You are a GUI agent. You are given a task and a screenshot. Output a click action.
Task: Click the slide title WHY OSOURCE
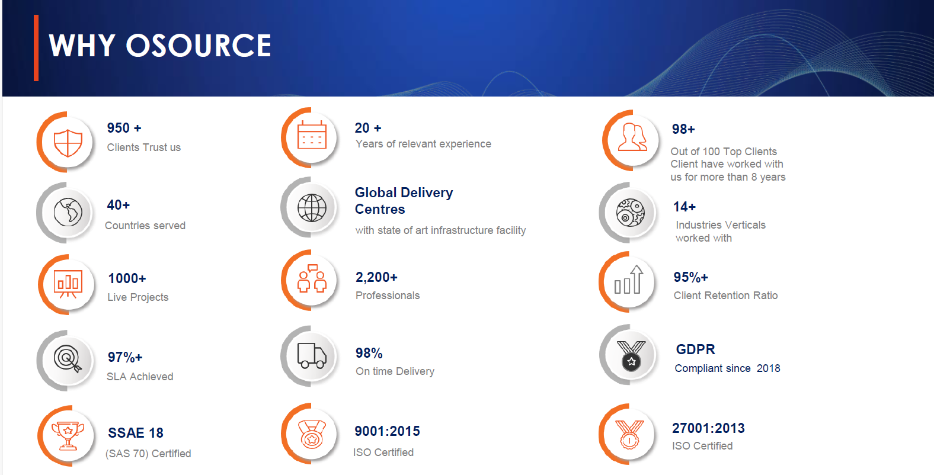coord(160,46)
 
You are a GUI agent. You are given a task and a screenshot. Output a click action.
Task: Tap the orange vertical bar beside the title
coord(36,47)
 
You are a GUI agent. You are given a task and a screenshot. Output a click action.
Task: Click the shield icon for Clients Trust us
coord(68,143)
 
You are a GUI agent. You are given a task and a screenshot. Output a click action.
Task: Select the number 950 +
coord(124,128)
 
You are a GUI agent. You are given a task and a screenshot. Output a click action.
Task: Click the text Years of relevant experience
coord(423,144)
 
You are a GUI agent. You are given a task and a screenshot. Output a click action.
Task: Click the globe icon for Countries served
coord(68,212)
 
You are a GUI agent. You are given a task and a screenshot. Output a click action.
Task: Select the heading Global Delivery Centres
coord(404,201)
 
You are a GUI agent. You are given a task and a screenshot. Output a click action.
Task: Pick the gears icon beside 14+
coord(630,212)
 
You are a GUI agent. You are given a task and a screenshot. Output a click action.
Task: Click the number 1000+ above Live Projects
coord(127,278)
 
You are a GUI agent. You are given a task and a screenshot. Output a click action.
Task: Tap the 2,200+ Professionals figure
coord(376,277)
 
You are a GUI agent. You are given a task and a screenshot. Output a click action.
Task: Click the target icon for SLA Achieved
coord(68,359)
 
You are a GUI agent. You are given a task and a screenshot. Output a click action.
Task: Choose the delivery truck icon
coord(312,355)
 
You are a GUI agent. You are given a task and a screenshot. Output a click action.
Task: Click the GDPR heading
coord(695,349)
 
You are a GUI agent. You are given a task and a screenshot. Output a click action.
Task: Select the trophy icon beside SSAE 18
coord(68,435)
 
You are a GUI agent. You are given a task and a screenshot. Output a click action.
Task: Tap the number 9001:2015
coord(387,431)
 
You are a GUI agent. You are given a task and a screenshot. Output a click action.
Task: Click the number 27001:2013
coord(708,428)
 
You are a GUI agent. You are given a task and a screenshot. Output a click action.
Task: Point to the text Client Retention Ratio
coord(725,296)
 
